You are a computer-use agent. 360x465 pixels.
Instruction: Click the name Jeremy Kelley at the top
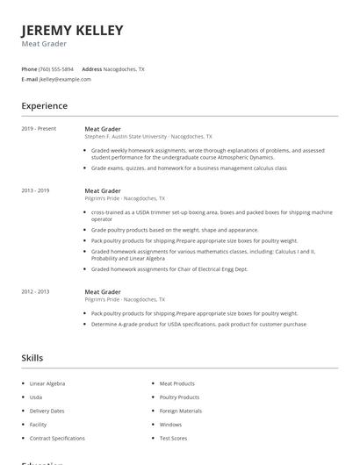coord(72,31)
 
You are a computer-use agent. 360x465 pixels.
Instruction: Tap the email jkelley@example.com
coord(65,79)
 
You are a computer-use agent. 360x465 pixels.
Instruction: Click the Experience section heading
coord(45,106)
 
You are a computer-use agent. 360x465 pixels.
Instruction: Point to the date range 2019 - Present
coord(39,129)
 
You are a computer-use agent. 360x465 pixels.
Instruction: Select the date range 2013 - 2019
coord(35,190)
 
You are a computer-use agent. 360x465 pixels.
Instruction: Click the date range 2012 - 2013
coord(35,291)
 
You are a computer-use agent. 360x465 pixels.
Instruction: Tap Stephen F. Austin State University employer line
coord(148,137)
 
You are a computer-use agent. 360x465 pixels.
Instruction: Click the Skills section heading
coord(32,358)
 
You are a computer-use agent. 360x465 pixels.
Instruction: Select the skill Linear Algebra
coord(47,383)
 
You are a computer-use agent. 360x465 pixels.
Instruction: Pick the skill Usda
coord(36,397)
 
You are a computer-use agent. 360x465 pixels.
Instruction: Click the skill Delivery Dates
coord(47,411)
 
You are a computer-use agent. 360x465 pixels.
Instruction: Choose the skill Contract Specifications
coord(57,438)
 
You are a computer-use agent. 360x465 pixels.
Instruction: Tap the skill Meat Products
coord(176,383)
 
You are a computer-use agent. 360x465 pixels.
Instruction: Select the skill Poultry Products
coord(179,397)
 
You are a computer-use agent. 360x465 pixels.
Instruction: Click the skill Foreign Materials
coord(180,411)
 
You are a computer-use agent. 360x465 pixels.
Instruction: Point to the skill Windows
coord(170,425)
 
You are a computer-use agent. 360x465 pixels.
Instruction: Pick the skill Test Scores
coord(173,438)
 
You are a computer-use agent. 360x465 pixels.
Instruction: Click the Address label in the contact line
coord(91,68)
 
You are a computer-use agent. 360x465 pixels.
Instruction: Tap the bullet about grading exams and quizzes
coord(189,168)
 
